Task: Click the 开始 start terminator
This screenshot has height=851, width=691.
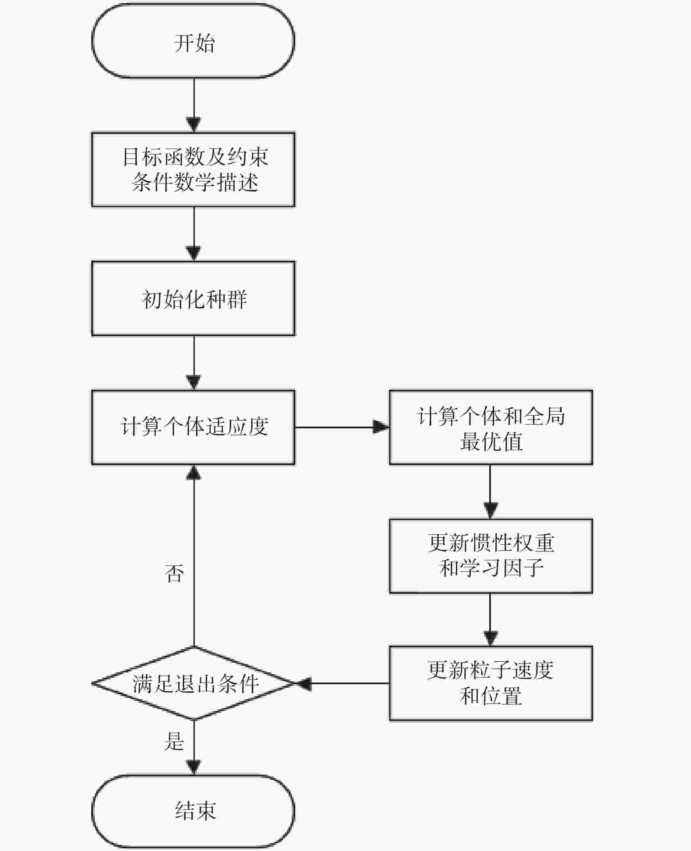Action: pos(193,41)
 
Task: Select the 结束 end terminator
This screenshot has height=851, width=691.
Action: pos(193,811)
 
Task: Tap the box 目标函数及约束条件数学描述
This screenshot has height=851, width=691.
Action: pos(193,169)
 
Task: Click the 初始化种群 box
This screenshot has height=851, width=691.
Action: pos(193,298)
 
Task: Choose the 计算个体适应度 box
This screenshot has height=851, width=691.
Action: pos(193,427)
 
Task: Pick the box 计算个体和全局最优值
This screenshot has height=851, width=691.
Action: pos(491,427)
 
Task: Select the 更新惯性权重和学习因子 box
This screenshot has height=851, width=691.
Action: pos(491,556)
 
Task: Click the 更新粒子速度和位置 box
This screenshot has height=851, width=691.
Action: pos(491,683)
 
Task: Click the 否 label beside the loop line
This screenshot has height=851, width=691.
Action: pos(174,573)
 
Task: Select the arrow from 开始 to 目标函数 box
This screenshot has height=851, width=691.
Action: pos(193,105)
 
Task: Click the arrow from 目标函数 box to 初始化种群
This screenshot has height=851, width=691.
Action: pos(193,234)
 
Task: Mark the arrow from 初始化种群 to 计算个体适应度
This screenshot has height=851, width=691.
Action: pos(193,363)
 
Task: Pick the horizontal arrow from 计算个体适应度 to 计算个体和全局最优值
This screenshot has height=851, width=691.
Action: pos(342,427)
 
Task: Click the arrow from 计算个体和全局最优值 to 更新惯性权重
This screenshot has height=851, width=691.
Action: pos(491,492)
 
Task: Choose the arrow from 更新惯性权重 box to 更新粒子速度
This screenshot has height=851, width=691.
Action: pos(491,620)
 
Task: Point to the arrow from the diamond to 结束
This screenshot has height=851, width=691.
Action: pos(193,747)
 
